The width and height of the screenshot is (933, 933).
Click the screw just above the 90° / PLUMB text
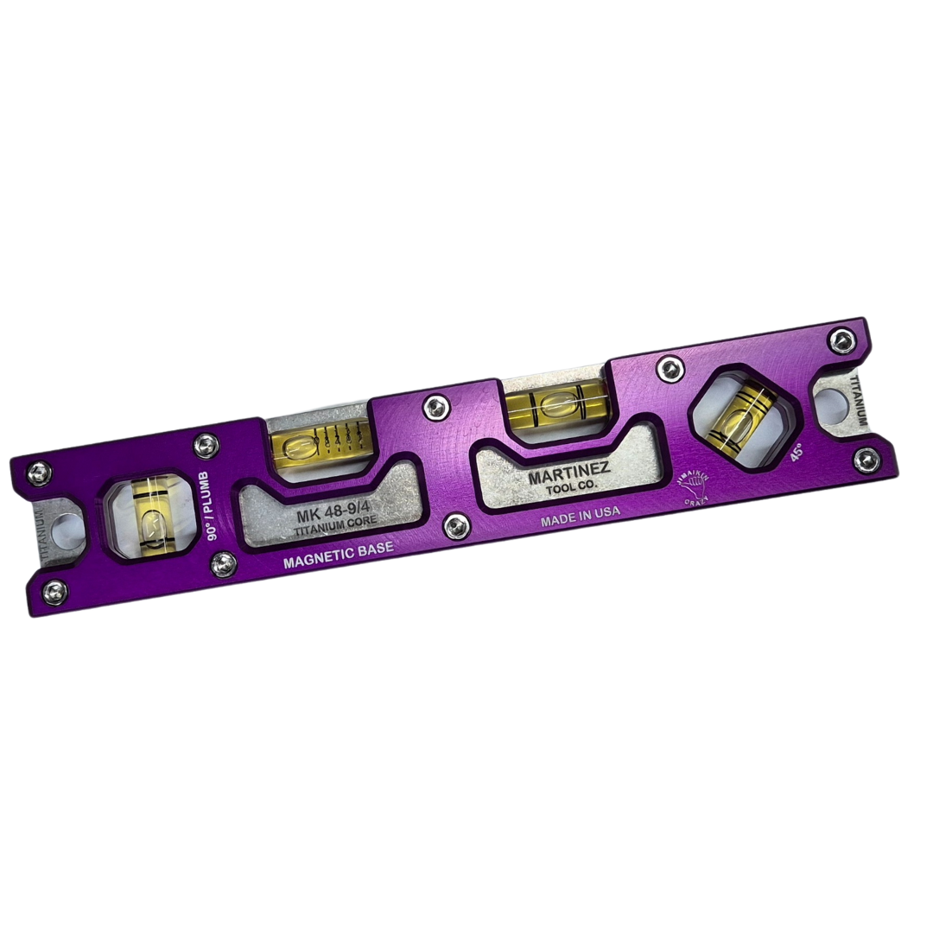pyautogui.click(x=206, y=445)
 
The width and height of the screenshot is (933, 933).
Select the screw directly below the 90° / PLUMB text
pyautogui.click(x=224, y=565)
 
